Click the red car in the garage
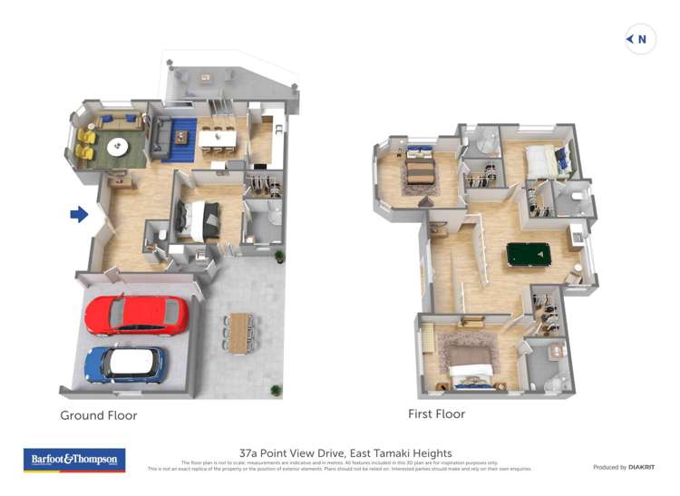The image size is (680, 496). click(x=136, y=315)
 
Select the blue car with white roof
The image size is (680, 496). click(x=126, y=365)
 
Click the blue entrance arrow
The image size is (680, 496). click(x=80, y=214)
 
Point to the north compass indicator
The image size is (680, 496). click(x=638, y=39)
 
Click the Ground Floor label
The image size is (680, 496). click(x=99, y=415)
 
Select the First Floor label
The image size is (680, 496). click(x=436, y=414)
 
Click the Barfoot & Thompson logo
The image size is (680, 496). click(x=73, y=460)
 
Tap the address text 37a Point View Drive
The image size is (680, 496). click(x=345, y=452)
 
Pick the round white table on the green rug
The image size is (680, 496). click(x=118, y=146)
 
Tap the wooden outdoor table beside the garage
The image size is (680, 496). click(x=239, y=333)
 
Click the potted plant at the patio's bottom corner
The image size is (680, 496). click(x=276, y=390)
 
